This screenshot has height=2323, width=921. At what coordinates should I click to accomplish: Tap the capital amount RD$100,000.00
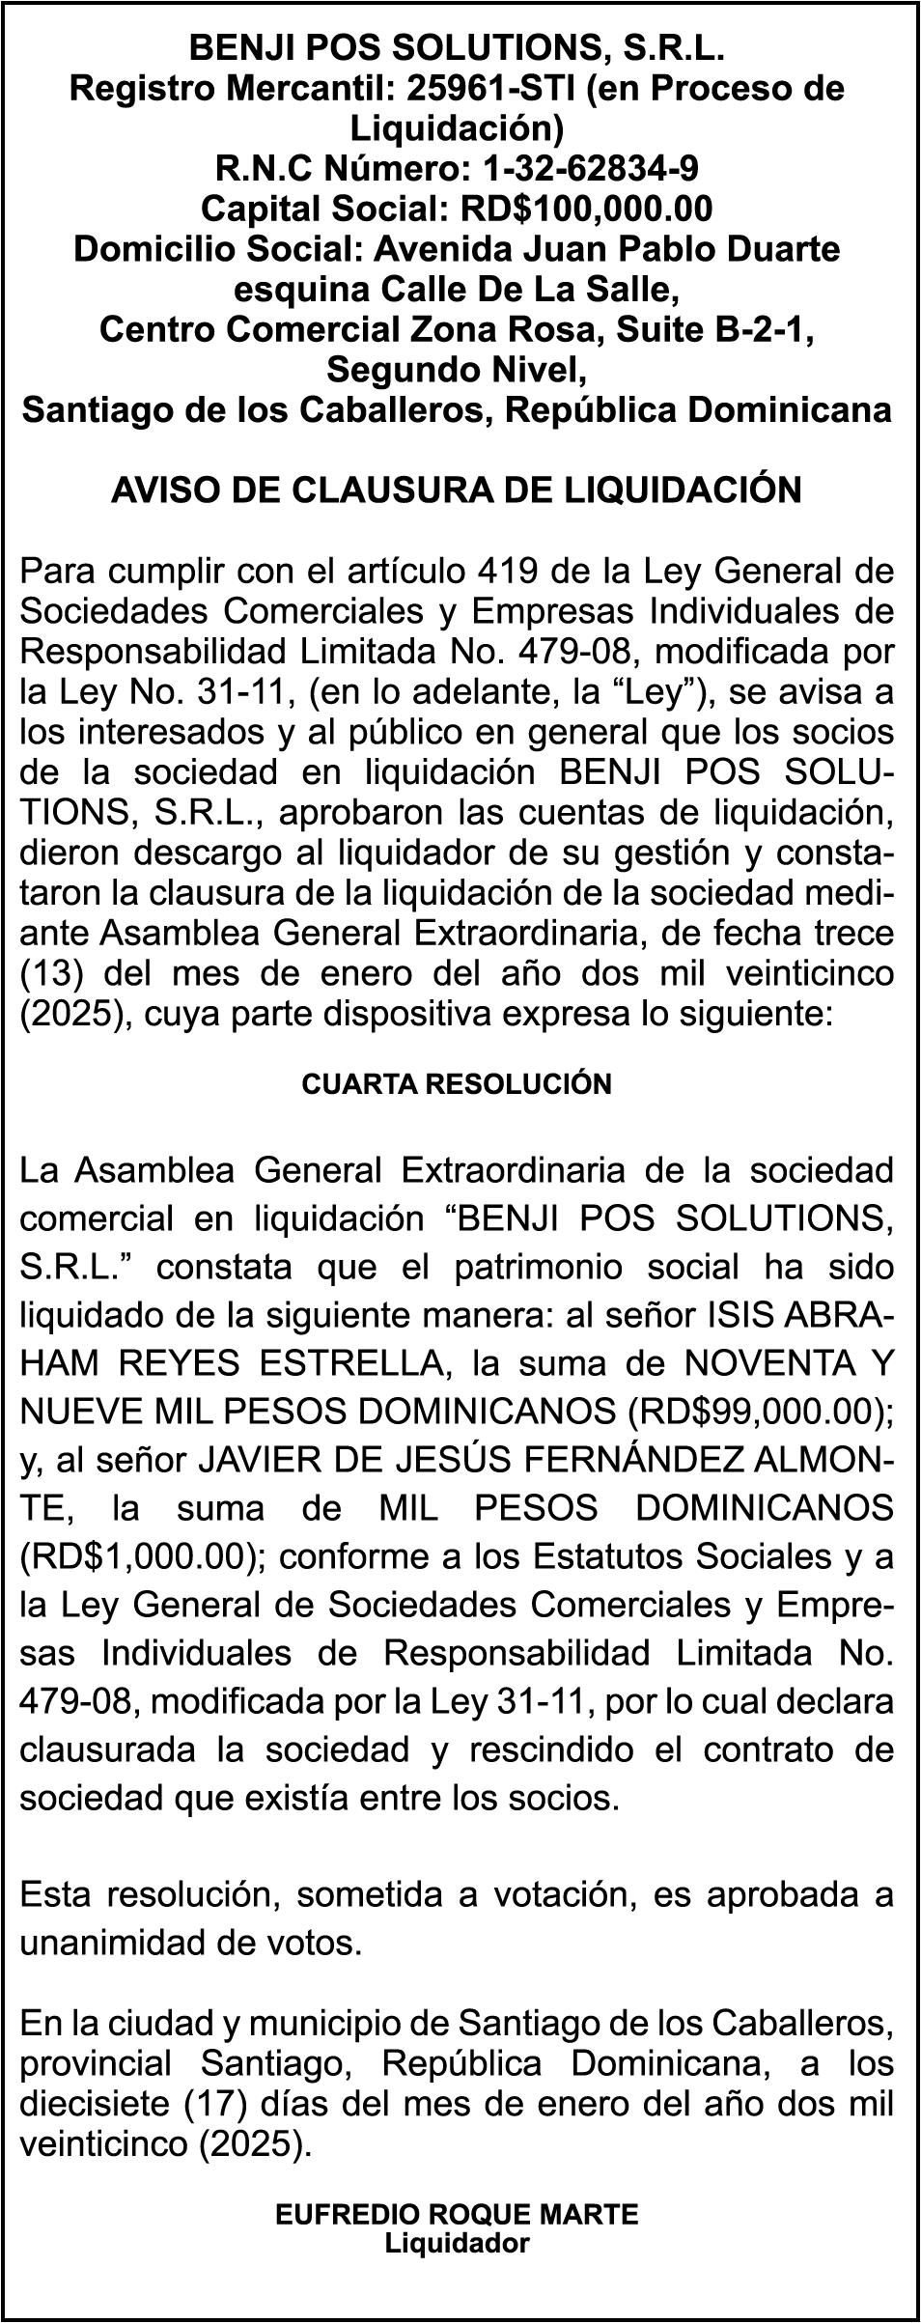(x=588, y=209)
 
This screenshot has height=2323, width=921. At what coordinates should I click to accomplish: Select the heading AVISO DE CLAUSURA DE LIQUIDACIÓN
(x=457, y=490)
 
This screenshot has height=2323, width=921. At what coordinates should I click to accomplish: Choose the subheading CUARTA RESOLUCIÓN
(x=457, y=1083)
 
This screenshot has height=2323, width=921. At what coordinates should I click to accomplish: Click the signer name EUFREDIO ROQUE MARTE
(x=457, y=2206)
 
